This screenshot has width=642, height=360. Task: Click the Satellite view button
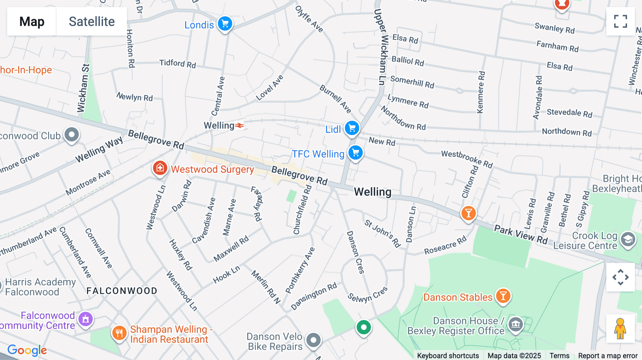[x=92, y=21]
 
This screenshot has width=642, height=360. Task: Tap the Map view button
[x=32, y=21]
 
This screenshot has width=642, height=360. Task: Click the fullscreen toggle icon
[x=620, y=21]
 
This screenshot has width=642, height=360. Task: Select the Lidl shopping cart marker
[x=352, y=128]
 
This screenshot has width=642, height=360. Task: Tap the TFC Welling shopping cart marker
[x=355, y=153]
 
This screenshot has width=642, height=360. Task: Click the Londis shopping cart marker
[x=225, y=24]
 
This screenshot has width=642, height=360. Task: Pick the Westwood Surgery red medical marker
[x=160, y=168]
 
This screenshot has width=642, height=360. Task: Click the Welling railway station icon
[x=239, y=125]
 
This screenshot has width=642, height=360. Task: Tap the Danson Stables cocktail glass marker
[x=503, y=296]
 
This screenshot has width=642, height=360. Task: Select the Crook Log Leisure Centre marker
[x=628, y=240]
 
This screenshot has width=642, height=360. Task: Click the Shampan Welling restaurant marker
[x=119, y=333]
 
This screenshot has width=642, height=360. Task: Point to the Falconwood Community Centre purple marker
[x=86, y=319]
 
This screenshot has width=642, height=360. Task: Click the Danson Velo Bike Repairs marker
[x=313, y=340]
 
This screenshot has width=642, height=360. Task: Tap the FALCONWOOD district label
[x=122, y=291]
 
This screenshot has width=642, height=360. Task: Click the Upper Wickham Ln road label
[x=382, y=46]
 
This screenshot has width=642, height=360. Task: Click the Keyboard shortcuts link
[x=448, y=356]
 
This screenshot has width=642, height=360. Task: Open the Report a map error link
[x=607, y=356]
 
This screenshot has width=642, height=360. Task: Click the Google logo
[x=27, y=350]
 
